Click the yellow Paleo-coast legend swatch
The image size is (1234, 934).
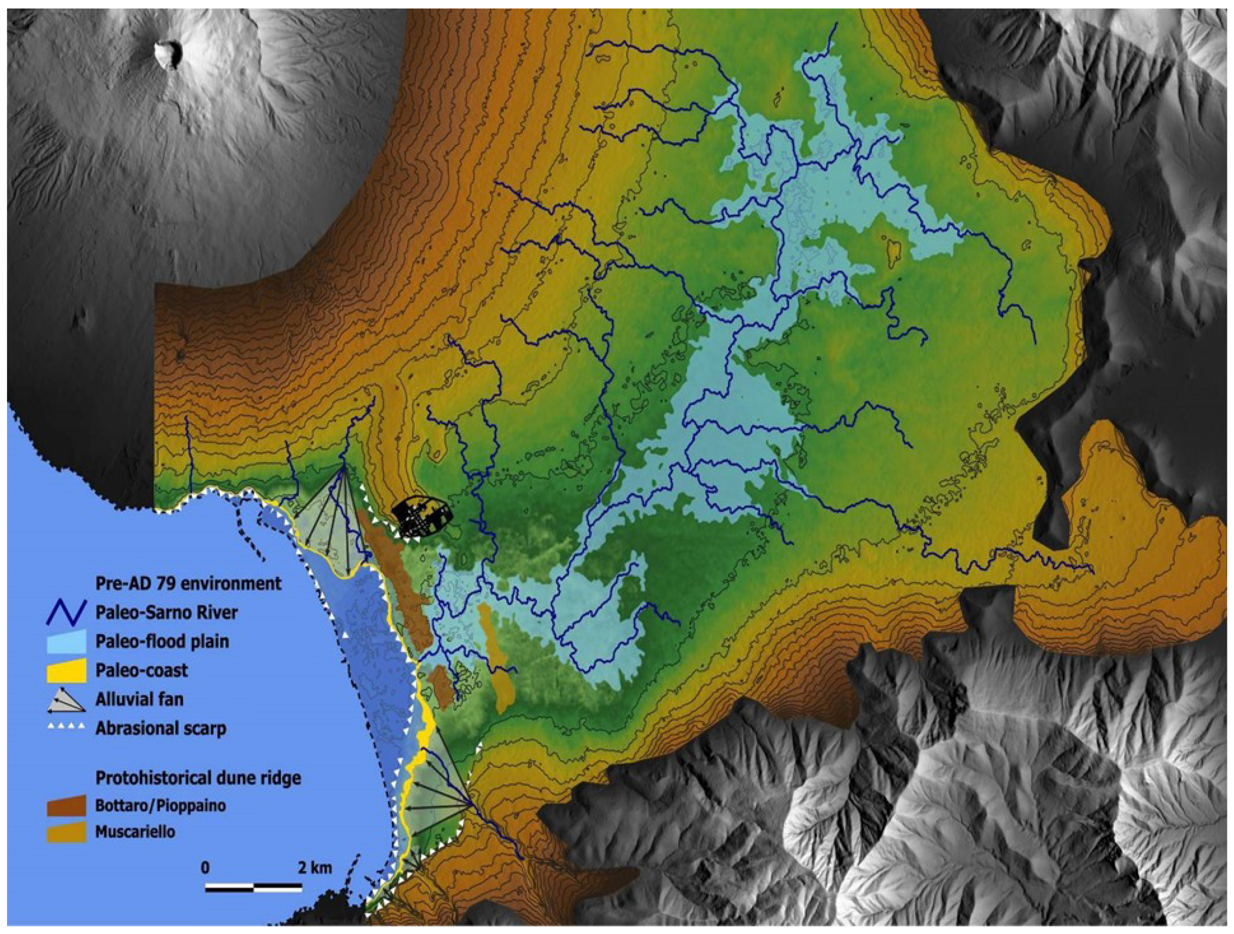click(x=66, y=670)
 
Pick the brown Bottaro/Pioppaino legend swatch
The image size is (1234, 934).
click(x=66, y=806)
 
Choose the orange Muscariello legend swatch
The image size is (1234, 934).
click(x=66, y=832)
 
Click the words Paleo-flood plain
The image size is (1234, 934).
click(x=162, y=641)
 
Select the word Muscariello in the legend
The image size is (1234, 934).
click(x=135, y=832)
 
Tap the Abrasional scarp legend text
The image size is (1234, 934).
click(x=161, y=729)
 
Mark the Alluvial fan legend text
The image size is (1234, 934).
click(x=139, y=700)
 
